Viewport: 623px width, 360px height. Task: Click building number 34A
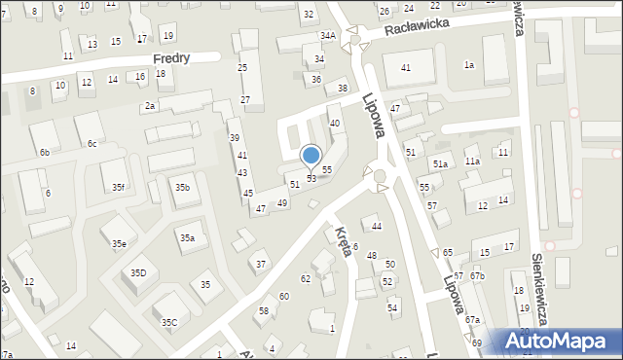click(328, 36)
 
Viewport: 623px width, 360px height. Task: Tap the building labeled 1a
click(469, 64)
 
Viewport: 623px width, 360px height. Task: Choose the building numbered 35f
click(118, 187)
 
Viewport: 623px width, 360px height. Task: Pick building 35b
click(182, 187)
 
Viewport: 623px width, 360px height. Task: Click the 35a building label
click(187, 237)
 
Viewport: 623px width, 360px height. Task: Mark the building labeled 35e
click(118, 243)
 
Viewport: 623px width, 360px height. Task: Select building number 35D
click(138, 273)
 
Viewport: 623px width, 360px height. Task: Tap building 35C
click(169, 322)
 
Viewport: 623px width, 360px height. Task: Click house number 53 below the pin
click(311, 179)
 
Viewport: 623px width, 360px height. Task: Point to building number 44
click(377, 226)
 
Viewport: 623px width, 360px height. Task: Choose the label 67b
click(477, 276)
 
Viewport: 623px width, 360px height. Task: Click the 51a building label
click(440, 164)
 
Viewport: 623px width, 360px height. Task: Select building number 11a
click(472, 161)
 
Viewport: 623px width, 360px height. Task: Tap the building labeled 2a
click(150, 105)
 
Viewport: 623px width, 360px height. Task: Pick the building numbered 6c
click(92, 144)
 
